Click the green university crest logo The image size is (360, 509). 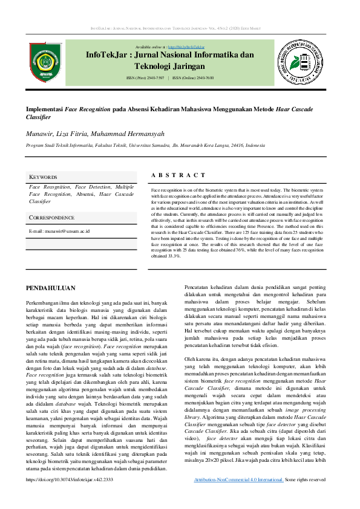pyautogui.click(x=45, y=60)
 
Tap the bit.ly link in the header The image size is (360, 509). pyautogui.click(x=186, y=47)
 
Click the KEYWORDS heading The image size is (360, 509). pyautogui.click(x=43, y=177)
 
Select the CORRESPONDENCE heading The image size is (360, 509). pyautogui.click(x=52, y=217)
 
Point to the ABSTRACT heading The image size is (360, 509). pyautogui.click(x=178, y=175)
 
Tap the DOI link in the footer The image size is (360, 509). pyautogui.click(x=70, y=496)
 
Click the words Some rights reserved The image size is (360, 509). pyautogui.click(x=305, y=496)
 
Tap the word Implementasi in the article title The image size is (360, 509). pyautogui.click(x=45, y=110)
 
